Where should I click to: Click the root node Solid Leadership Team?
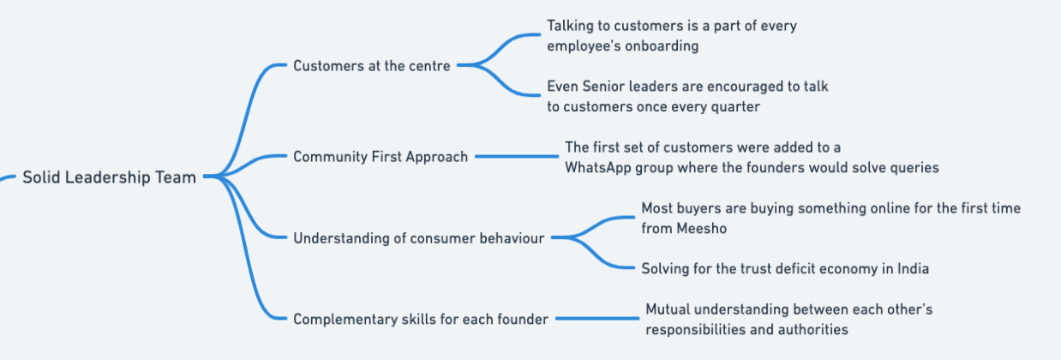[110, 177]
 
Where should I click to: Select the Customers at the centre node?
[372, 65]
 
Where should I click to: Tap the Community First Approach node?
[381, 157]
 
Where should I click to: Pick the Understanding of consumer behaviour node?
[419, 237]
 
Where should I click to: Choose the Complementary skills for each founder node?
[421, 319]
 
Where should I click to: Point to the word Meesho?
[701, 228]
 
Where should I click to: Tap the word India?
[913, 268]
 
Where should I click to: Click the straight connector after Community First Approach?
[517, 156]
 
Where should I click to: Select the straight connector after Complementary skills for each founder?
[597, 318]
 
